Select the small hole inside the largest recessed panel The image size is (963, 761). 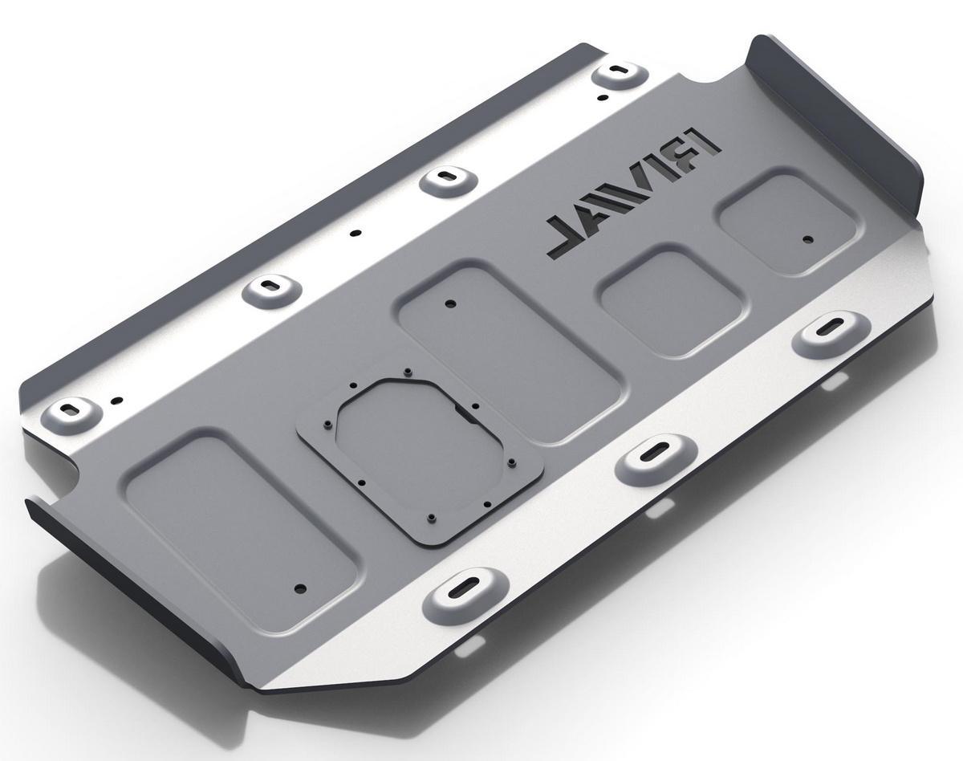301,588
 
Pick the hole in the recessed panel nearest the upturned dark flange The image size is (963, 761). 808,239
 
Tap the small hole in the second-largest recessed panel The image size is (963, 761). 451,304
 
